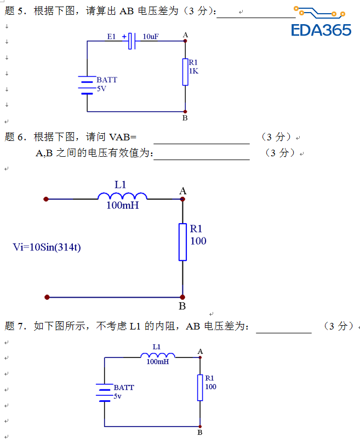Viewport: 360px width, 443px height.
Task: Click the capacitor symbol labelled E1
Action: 132,41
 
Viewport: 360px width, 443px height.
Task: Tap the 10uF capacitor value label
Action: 151,36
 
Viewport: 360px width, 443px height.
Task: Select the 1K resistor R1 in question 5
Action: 185,72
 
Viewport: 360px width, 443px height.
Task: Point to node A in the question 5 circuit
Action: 185,41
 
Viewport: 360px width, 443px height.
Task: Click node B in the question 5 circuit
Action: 185,111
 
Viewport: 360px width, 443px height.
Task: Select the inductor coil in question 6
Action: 122,196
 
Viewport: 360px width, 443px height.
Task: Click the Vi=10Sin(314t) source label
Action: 47,247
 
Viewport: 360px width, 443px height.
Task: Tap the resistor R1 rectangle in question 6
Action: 182,242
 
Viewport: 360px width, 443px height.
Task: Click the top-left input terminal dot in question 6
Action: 47,199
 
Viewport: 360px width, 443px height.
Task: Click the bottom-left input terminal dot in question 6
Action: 47,297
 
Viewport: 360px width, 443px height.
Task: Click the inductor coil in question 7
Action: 158,355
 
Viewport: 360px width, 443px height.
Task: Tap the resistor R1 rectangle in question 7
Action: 200,388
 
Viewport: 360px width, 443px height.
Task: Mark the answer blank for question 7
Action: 283,331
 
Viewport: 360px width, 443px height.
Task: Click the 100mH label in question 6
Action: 122,206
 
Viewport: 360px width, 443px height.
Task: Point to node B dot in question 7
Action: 200,426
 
